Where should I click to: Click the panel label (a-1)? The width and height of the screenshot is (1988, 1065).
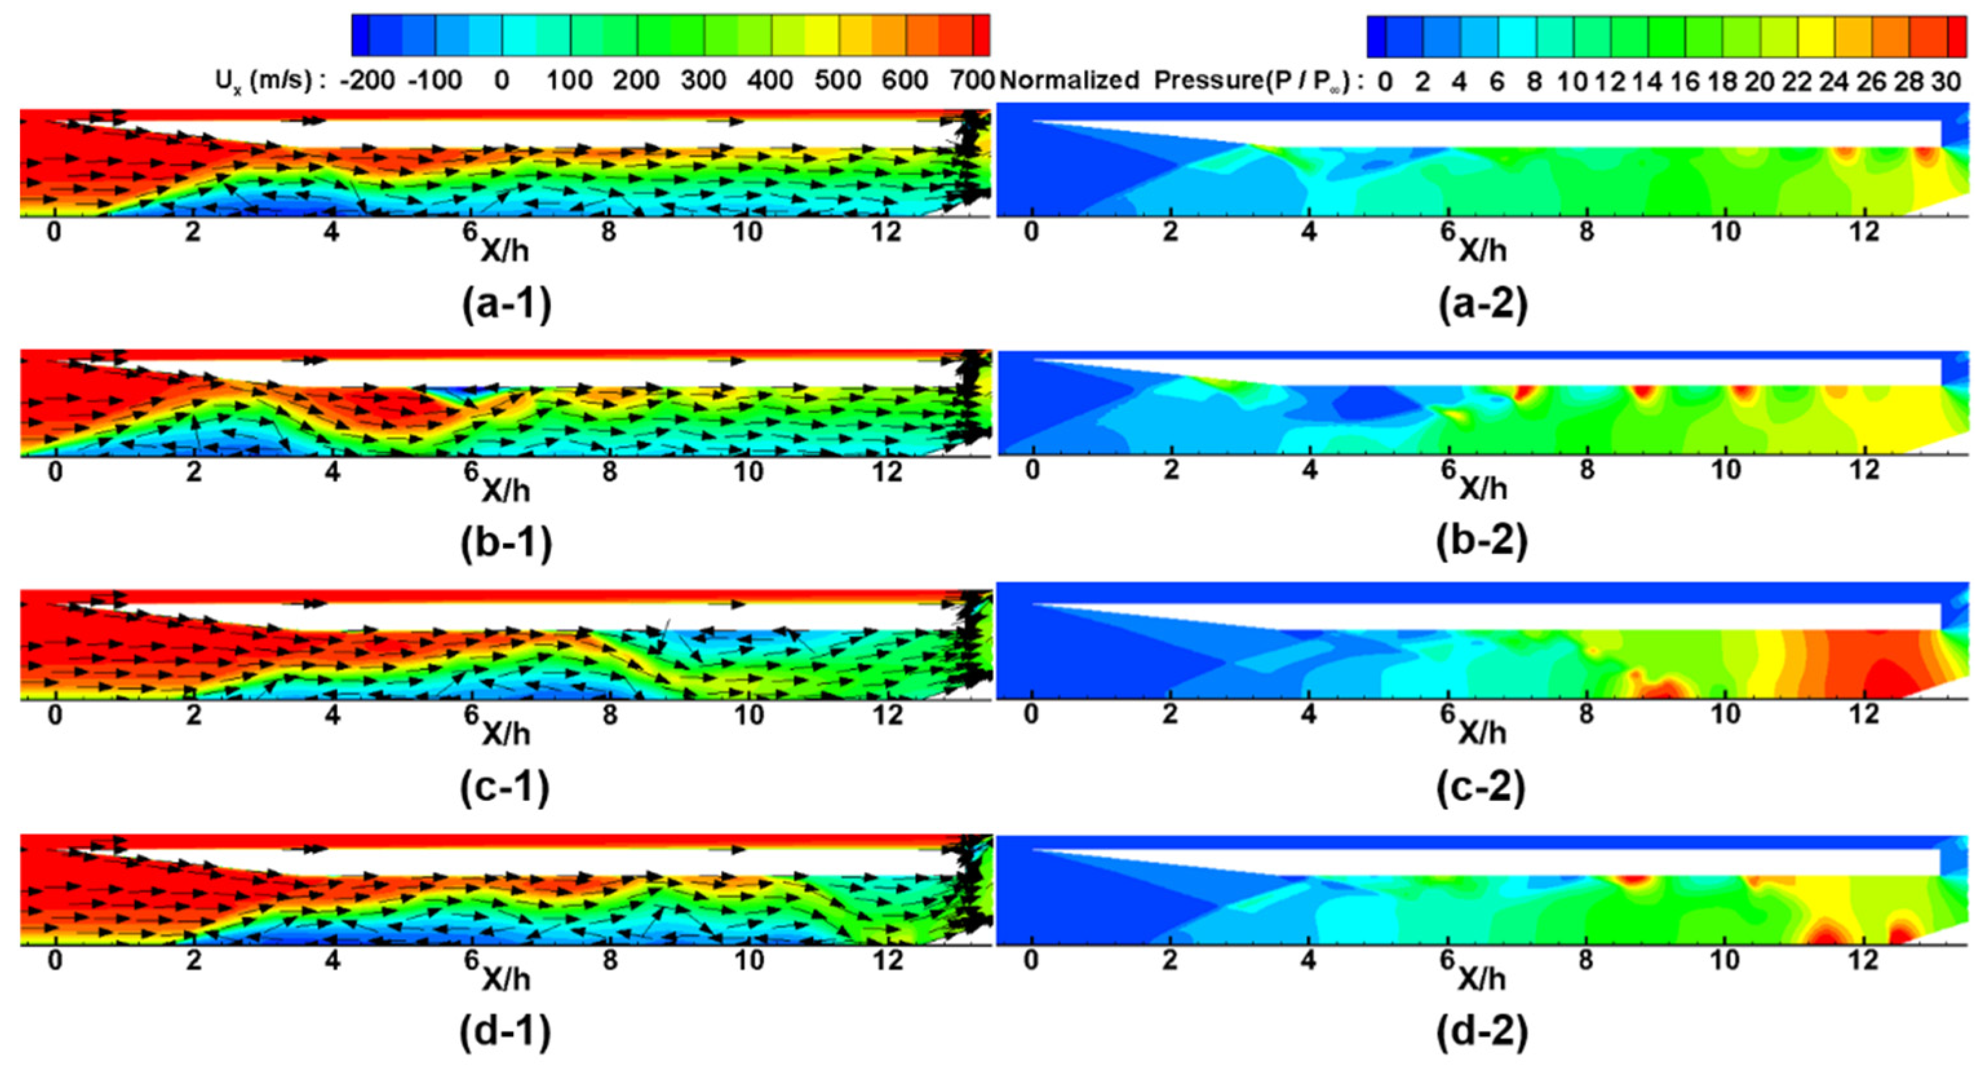pos(506,304)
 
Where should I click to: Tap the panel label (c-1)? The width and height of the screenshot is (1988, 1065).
pos(505,787)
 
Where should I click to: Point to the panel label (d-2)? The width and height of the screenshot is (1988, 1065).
pos(1482,1032)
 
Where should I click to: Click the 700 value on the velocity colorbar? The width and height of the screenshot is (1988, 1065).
pos(972,79)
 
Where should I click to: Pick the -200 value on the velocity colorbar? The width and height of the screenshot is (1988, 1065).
pos(367,79)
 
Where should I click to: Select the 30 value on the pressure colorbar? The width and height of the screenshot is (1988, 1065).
pos(1945,81)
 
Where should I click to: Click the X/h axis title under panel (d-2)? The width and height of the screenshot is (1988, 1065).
pos(1482,979)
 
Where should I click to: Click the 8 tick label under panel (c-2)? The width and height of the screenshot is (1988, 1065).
pos(1586,714)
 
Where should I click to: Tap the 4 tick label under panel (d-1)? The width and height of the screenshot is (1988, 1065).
pos(332,960)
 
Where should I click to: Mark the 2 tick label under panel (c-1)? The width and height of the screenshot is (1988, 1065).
pos(194,715)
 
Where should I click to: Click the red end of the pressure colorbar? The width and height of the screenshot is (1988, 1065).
pos(1956,37)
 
